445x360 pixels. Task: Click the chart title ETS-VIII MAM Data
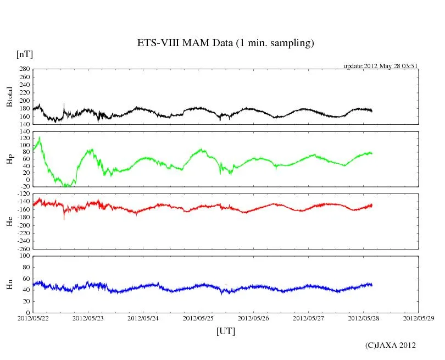tap(225, 43)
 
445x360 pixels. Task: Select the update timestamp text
tap(381, 66)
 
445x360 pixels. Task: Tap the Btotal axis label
tap(9, 97)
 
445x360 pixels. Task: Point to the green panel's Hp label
tap(9, 159)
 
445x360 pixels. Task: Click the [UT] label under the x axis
tap(225, 331)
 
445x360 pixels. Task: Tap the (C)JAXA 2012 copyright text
tap(390, 345)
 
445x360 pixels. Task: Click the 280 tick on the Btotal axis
tap(24, 69)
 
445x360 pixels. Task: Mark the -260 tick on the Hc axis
tap(23, 249)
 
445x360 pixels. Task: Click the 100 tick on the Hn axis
tap(24, 256)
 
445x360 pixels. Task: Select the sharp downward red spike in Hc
tap(64, 218)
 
